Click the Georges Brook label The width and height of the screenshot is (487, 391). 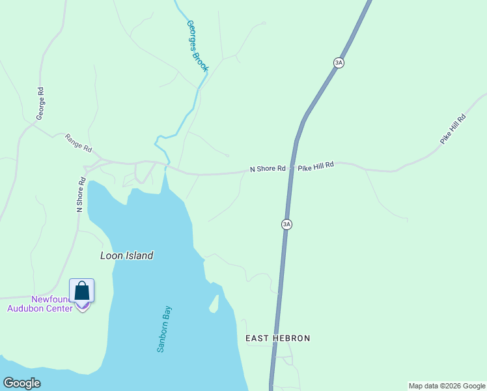click(x=197, y=46)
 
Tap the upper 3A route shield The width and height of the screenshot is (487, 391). click(x=338, y=63)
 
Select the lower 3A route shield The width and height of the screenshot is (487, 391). click(x=286, y=224)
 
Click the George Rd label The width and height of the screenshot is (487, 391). click(x=40, y=103)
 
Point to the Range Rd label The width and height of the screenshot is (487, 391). click(x=78, y=143)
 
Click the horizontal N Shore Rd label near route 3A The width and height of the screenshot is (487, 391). click(x=268, y=169)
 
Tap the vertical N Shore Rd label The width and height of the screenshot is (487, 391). click(x=81, y=194)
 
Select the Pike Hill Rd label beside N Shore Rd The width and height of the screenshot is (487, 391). click(x=316, y=166)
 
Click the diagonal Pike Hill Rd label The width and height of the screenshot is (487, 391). click(x=453, y=129)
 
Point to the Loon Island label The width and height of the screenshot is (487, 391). click(x=126, y=255)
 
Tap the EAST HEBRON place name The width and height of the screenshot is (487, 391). click(x=277, y=338)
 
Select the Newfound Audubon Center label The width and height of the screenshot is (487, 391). click(x=40, y=304)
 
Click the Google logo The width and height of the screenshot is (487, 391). click(x=21, y=383)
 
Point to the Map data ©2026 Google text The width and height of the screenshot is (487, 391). click(x=447, y=386)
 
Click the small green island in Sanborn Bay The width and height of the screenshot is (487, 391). click(x=213, y=304)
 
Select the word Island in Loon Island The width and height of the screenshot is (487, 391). click(x=139, y=255)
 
